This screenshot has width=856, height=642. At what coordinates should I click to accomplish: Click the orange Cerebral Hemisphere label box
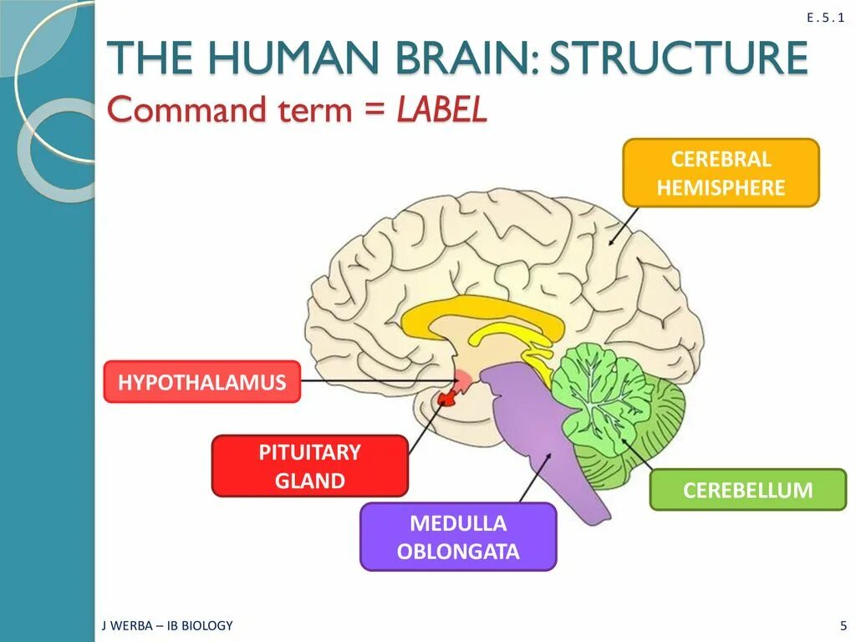(721, 173)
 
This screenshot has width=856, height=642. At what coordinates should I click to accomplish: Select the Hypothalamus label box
(201, 383)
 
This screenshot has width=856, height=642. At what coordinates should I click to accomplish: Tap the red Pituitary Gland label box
(309, 466)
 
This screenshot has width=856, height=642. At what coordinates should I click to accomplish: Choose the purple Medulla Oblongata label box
(457, 538)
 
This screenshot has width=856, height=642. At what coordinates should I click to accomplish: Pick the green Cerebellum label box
(747, 490)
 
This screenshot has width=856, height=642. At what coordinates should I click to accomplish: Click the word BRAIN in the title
(464, 59)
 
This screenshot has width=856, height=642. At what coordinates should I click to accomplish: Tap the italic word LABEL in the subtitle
(442, 110)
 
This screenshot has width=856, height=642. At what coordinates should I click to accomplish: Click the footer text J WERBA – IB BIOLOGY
(167, 625)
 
